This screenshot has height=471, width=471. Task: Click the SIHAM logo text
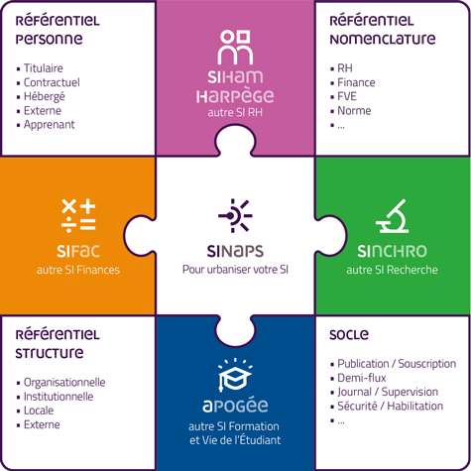coord(235,77)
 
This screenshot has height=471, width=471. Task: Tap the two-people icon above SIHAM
coord(235,47)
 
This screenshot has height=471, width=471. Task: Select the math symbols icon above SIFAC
coord(78,215)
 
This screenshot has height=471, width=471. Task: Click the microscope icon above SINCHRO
coord(393,216)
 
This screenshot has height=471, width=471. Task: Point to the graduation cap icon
coord(235,375)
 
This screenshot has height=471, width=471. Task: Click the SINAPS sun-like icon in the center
coord(235,216)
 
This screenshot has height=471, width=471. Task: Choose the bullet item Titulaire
coord(44,68)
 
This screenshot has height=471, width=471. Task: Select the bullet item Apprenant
coord(50,125)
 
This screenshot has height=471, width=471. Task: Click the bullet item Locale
coord(39,411)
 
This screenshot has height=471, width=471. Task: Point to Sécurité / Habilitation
coord(391,406)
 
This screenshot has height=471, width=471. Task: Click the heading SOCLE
coord(349,335)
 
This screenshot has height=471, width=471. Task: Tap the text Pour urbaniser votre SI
coord(235,270)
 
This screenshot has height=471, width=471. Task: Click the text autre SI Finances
coord(78,270)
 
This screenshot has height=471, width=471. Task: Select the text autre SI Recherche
coord(392,270)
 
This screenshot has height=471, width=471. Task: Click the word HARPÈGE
coord(235,96)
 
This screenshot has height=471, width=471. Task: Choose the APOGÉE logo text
coord(235,406)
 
